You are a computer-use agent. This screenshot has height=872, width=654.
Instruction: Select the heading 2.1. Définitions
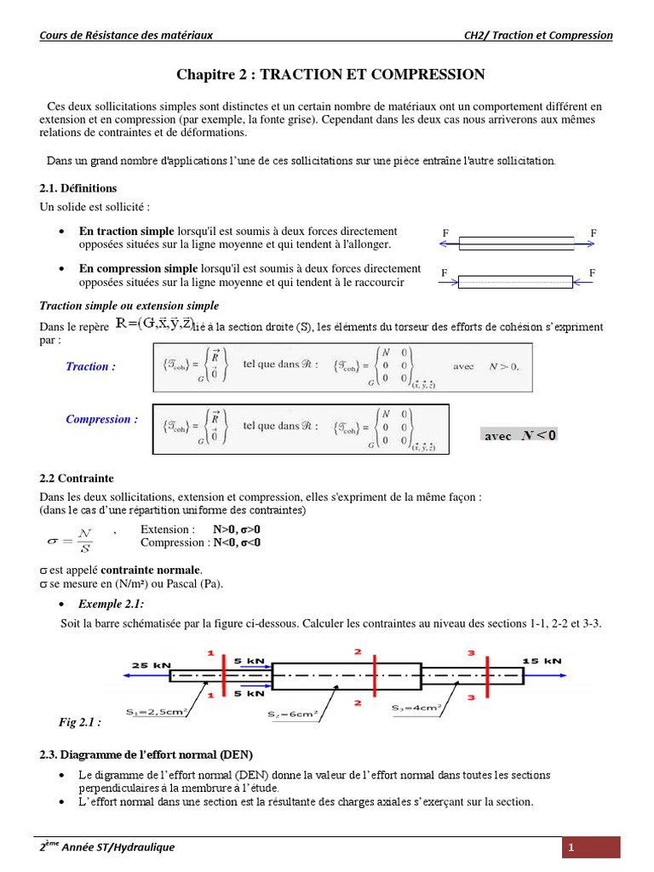(x=78, y=188)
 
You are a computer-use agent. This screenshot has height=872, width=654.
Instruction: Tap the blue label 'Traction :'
(x=91, y=367)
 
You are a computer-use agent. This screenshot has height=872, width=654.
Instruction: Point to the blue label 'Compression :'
(x=101, y=419)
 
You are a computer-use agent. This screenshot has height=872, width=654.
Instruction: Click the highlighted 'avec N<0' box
(x=519, y=435)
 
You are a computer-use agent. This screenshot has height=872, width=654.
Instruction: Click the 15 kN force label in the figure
(x=542, y=660)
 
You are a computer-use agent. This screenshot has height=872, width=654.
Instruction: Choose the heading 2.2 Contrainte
(x=77, y=479)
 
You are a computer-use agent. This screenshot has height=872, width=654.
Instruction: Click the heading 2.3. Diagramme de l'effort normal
(x=146, y=754)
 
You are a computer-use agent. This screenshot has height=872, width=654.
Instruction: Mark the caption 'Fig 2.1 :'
(x=79, y=722)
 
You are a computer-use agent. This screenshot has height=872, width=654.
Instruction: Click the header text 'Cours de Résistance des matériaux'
(x=126, y=35)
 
